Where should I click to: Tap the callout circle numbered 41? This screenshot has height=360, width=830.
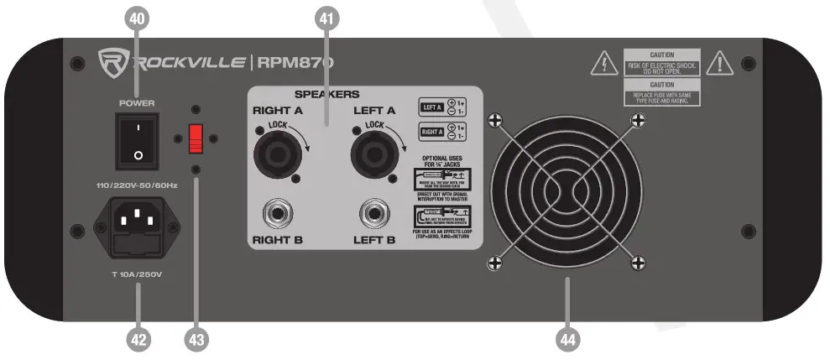[x=327, y=16]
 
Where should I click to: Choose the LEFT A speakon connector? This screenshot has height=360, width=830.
[x=371, y=155]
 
